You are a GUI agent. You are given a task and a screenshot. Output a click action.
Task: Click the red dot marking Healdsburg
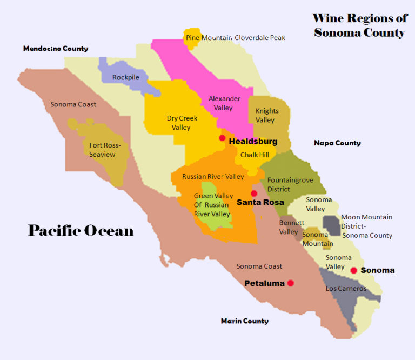(222, 138)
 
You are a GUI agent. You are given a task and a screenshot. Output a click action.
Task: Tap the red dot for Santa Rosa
(253, 194)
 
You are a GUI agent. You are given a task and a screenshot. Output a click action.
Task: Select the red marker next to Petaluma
(291, 283)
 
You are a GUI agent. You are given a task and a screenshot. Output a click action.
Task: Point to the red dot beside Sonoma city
(353, 270)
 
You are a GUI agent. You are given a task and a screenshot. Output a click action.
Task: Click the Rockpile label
(125, 77)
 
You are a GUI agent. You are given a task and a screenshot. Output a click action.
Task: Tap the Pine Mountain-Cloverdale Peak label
(236, 38)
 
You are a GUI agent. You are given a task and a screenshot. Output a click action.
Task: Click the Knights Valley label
(267, 115)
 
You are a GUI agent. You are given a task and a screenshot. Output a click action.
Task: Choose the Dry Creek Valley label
(182, 123)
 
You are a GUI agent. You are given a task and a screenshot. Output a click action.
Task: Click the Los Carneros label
(346, 289)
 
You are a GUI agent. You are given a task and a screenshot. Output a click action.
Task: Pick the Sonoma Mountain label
(317, 239)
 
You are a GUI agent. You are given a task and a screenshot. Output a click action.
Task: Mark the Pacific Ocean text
(81, 231)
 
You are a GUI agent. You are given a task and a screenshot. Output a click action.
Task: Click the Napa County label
(337, 143)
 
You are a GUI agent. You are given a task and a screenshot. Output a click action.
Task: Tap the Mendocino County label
(55, 49)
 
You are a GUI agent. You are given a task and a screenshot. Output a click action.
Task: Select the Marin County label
(244, 321)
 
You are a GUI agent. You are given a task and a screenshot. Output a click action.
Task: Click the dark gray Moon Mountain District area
(331, 225)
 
